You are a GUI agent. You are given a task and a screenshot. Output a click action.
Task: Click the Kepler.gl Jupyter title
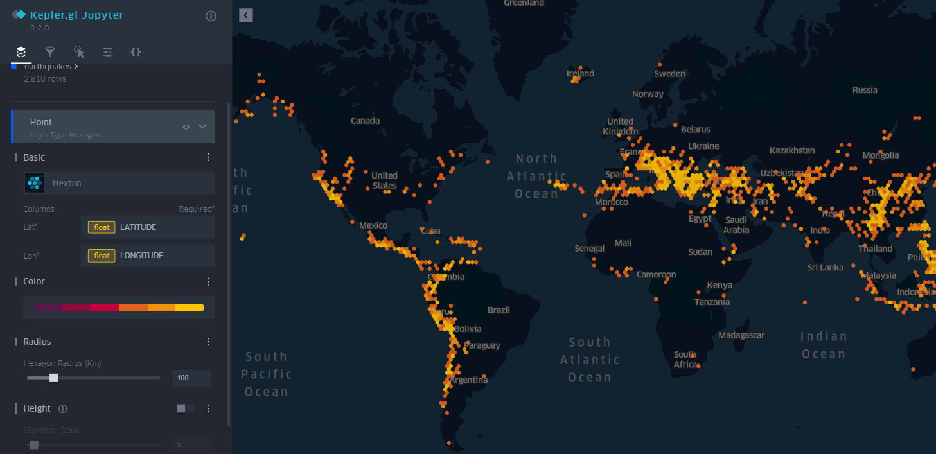(x=76, y=15)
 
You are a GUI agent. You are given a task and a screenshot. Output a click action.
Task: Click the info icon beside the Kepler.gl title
(x=211, y=16)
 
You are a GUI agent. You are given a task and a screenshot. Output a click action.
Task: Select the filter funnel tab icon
(x=50, y=52)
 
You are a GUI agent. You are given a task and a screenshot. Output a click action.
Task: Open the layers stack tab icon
(x=21, y=52)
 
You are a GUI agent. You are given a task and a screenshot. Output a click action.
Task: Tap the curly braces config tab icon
(x=136, y=52)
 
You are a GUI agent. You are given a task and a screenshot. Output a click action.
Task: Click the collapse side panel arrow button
(x=246, y=15)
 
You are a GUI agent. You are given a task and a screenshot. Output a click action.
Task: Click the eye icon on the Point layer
(x=186, y=127)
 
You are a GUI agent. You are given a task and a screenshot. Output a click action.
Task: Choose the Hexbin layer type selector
(x=119, y=183)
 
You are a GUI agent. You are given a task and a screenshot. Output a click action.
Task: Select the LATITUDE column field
(x=148, y=227)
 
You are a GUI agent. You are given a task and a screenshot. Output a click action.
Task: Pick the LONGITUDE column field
(x=148, y=256)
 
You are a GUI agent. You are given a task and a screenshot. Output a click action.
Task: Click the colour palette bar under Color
(x=119, y=308)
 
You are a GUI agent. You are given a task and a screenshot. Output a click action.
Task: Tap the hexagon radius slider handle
(x=54, y=378)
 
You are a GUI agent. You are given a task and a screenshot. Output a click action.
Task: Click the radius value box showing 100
(x=191, y=378)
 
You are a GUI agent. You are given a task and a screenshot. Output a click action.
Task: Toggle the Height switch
(x=184, y=408)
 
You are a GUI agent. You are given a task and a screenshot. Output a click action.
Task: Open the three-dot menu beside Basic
(x=208, y=157)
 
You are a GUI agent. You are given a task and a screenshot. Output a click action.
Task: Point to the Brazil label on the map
(x=499, y=310)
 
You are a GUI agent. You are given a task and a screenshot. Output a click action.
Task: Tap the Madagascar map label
(x=741, y=335)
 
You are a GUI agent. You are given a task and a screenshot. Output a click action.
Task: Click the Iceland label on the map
(x=580, y=74)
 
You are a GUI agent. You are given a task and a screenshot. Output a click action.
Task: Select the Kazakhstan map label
(x=792, y=151)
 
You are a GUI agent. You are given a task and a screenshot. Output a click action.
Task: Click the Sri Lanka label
(x=826, y=268)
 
